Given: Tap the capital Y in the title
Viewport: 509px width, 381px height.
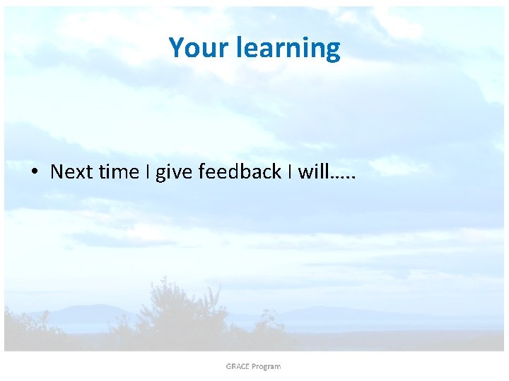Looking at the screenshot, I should coord(177,48).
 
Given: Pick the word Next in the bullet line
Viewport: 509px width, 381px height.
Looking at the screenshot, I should coord(71,172).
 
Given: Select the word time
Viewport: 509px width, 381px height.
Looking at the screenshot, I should coord(119,172).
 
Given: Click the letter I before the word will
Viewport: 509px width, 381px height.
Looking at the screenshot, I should coord(289,172).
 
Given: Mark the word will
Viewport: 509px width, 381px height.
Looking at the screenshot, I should coord(312,172).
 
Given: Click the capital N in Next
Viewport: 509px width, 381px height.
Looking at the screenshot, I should coord(57,172).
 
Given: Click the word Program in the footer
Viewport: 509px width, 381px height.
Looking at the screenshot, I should coord(267,366).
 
